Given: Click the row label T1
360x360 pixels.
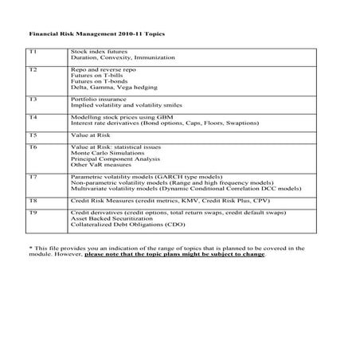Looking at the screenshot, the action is [33, 52].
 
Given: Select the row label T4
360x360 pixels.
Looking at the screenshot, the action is [33, 117].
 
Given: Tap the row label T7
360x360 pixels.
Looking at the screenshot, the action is [33, 175].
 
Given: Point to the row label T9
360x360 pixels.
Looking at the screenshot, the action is [33, 213].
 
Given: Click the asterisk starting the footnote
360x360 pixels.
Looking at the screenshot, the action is [29, 248].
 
